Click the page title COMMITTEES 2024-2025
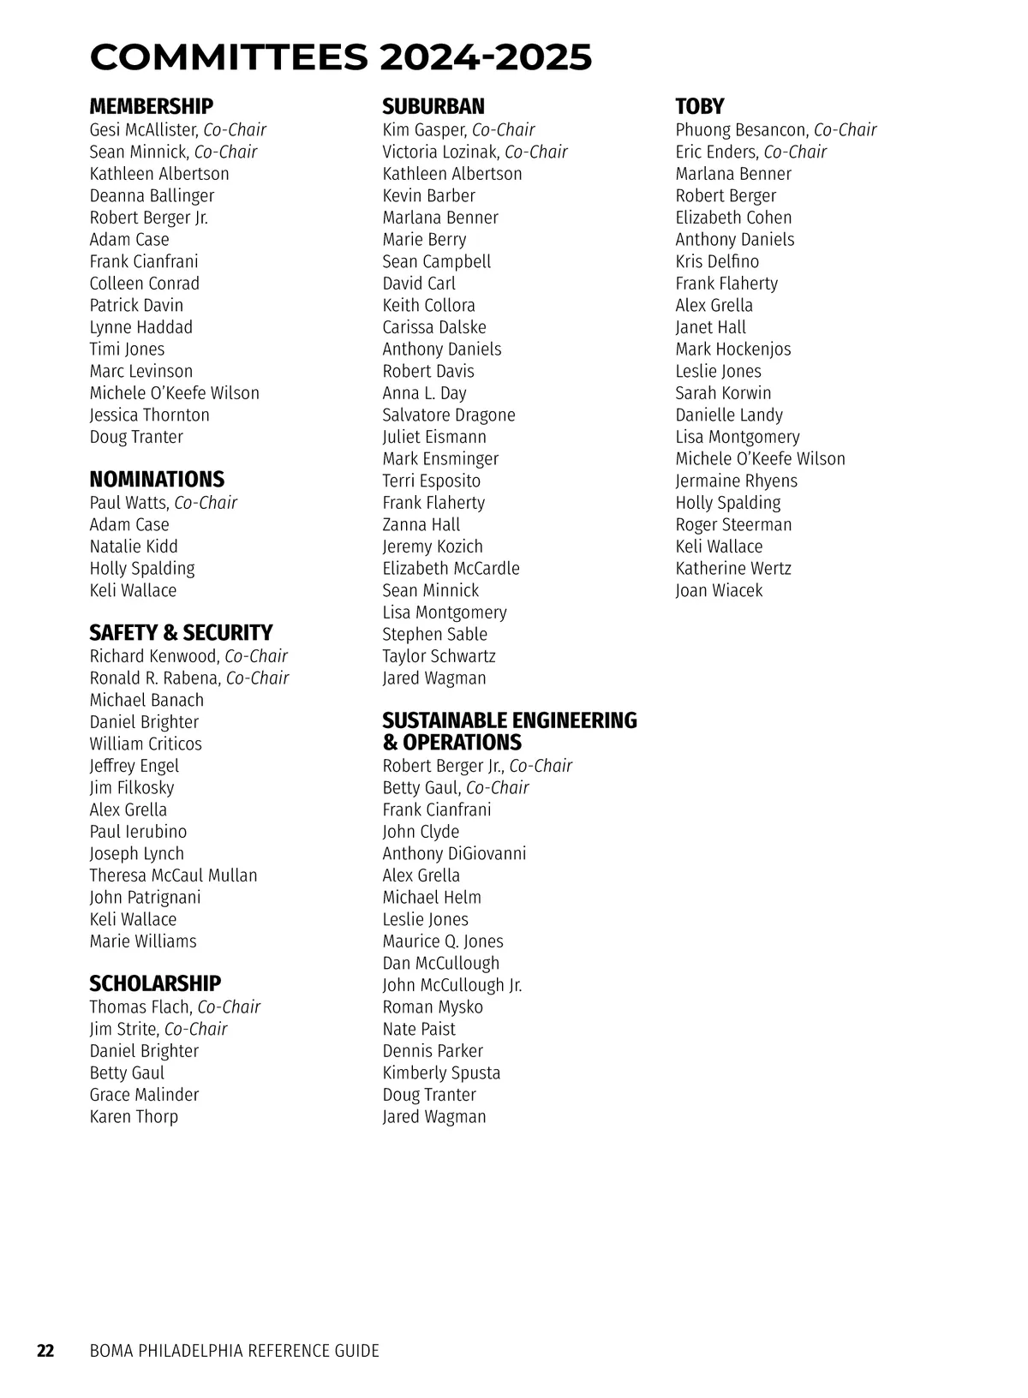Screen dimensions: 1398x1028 click(x=341, y=57)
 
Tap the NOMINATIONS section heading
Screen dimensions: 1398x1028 click(x=157, y=479)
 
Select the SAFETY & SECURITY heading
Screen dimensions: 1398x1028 click(x=181, y=632)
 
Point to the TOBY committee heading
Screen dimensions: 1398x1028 click(x=699, y=106)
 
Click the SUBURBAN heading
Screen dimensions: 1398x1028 click(x=433, y=106)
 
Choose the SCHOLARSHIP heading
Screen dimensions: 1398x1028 click(x=155, y=983)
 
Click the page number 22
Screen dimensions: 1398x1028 click(x=45, y=1351)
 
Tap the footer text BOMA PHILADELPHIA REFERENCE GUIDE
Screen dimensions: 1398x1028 click(x=234, y=1351)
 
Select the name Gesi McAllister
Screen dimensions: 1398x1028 click(x=144, y=130)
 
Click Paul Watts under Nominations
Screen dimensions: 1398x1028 click(x=128, y=503)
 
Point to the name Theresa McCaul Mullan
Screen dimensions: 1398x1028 click(x=173, y=875)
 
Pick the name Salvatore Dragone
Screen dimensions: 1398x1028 click(x=449, y=415)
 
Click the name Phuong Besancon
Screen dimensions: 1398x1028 click(x=741, y=130)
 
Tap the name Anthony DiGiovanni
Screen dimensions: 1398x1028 click(x=454, y=853)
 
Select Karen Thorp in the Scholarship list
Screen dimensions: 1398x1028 click(x=134, y=1116)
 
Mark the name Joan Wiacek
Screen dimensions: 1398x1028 click(x=718, y=590)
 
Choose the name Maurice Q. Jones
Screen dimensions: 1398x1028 click(x=443, y=941)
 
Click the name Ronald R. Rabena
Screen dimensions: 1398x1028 click(x=154, y=678)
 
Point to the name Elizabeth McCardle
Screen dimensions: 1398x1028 click(x=451, y=569)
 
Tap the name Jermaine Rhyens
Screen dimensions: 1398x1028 click(x=736, y=481)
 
